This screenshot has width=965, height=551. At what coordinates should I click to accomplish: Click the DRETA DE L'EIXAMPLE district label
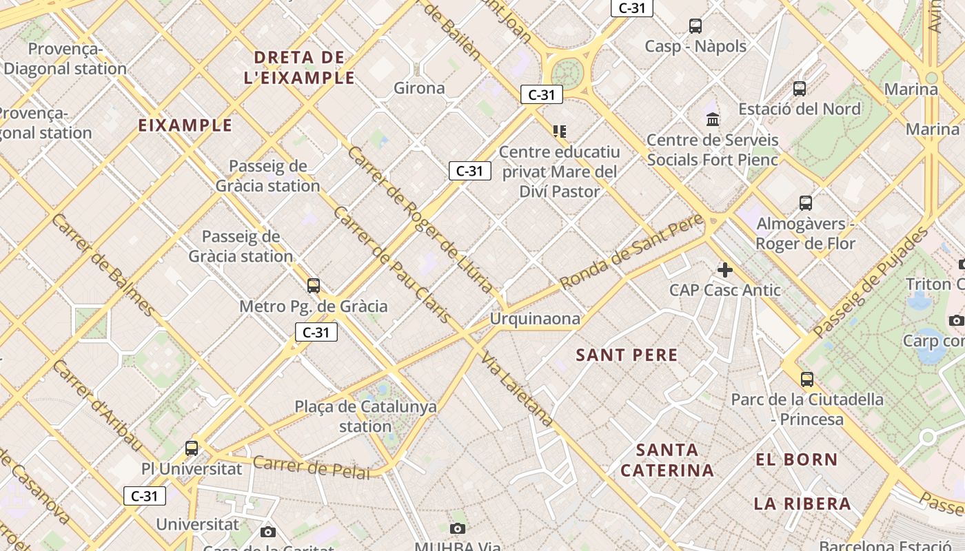tap(300, 67)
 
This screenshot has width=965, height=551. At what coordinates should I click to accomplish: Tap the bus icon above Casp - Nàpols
tap(695, 26)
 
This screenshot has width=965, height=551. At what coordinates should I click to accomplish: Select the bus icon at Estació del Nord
tap(800, 89)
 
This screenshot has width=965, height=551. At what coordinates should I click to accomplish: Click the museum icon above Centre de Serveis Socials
tap(713, 119)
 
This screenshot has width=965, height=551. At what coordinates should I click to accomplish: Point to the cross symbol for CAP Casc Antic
tap(724, 269)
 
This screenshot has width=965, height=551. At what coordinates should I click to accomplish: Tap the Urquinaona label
tap(535, 319)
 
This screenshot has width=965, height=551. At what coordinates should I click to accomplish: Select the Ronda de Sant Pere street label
tap(631, 252)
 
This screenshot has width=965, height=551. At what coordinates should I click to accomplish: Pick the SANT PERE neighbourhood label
tap(627, 355)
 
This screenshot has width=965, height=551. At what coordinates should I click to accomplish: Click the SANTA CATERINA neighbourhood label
tap(667, 460)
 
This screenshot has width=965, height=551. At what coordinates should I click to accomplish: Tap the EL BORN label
tap(797, 460)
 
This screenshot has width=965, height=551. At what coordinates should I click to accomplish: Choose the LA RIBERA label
tap(802, 503)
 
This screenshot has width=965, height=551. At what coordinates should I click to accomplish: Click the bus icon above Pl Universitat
tap(192, 448)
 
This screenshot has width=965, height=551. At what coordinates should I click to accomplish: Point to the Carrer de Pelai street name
tap(311, 467)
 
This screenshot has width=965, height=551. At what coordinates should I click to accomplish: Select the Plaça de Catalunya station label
tap(365, 416)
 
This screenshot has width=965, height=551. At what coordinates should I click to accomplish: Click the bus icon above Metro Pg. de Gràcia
tap(314, 285)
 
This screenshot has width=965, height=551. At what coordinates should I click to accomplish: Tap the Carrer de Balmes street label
tap(103, 265)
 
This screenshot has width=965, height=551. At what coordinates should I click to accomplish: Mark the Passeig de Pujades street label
tap(871, 282)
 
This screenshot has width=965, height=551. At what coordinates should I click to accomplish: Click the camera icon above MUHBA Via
tap(457, 528)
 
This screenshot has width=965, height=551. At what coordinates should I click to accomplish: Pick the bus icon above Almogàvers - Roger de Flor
tap(806, 203)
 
